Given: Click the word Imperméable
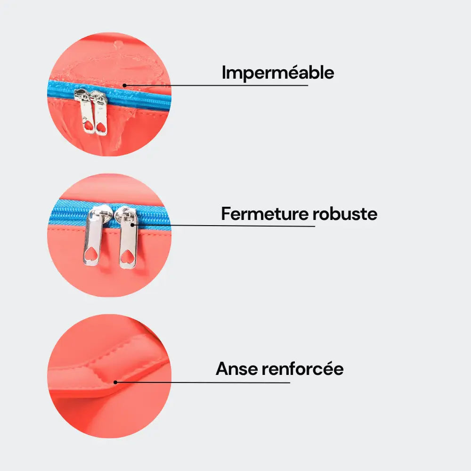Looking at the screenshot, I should coord(278,73).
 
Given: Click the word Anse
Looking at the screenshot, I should coord(236,369).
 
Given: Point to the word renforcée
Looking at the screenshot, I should coord(302,369).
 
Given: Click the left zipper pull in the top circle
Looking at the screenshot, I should coord(87,113).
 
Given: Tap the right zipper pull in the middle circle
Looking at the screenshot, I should coord(128,240).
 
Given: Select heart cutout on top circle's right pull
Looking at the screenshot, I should coord(101,126).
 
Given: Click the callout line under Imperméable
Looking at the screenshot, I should coord(217,86).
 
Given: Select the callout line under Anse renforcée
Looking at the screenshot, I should coord(203,382).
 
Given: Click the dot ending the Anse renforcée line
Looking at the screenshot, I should coord(115,382).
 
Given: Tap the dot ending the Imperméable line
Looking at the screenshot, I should coord(124,86).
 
